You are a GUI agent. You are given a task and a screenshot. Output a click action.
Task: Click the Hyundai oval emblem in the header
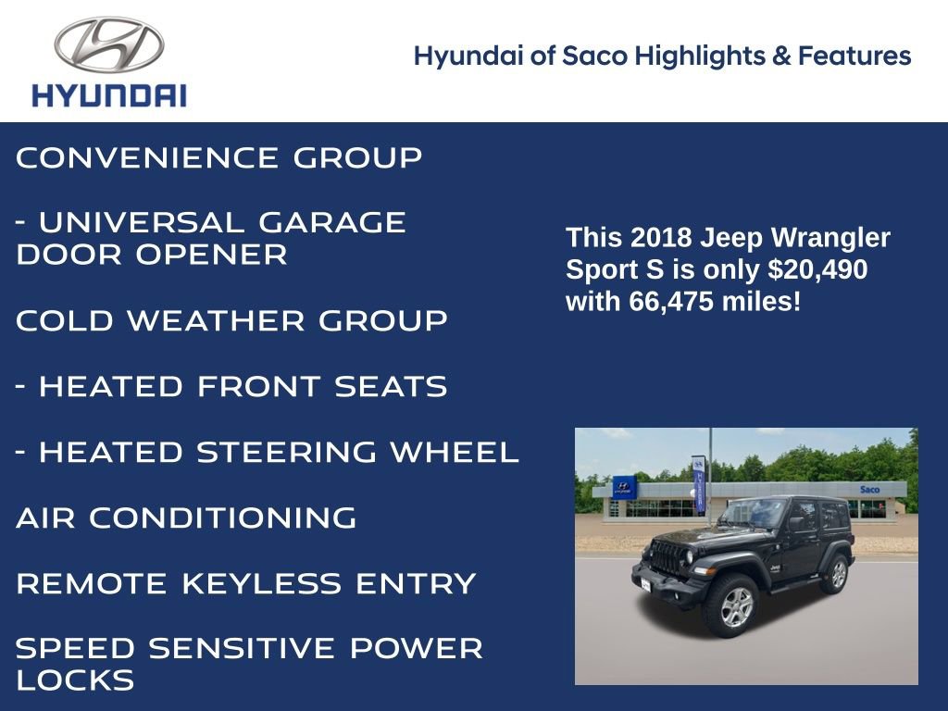pos(109,45)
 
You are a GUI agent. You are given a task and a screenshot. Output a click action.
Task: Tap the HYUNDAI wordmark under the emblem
pos(109,95)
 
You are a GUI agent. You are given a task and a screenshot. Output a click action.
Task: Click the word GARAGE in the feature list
pos(331,223)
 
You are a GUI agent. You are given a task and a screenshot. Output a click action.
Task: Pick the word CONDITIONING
pos(222,518)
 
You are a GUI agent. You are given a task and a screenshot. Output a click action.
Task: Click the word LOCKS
pos(75,681)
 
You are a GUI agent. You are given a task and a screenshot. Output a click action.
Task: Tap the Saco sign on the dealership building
pos(869,489)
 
